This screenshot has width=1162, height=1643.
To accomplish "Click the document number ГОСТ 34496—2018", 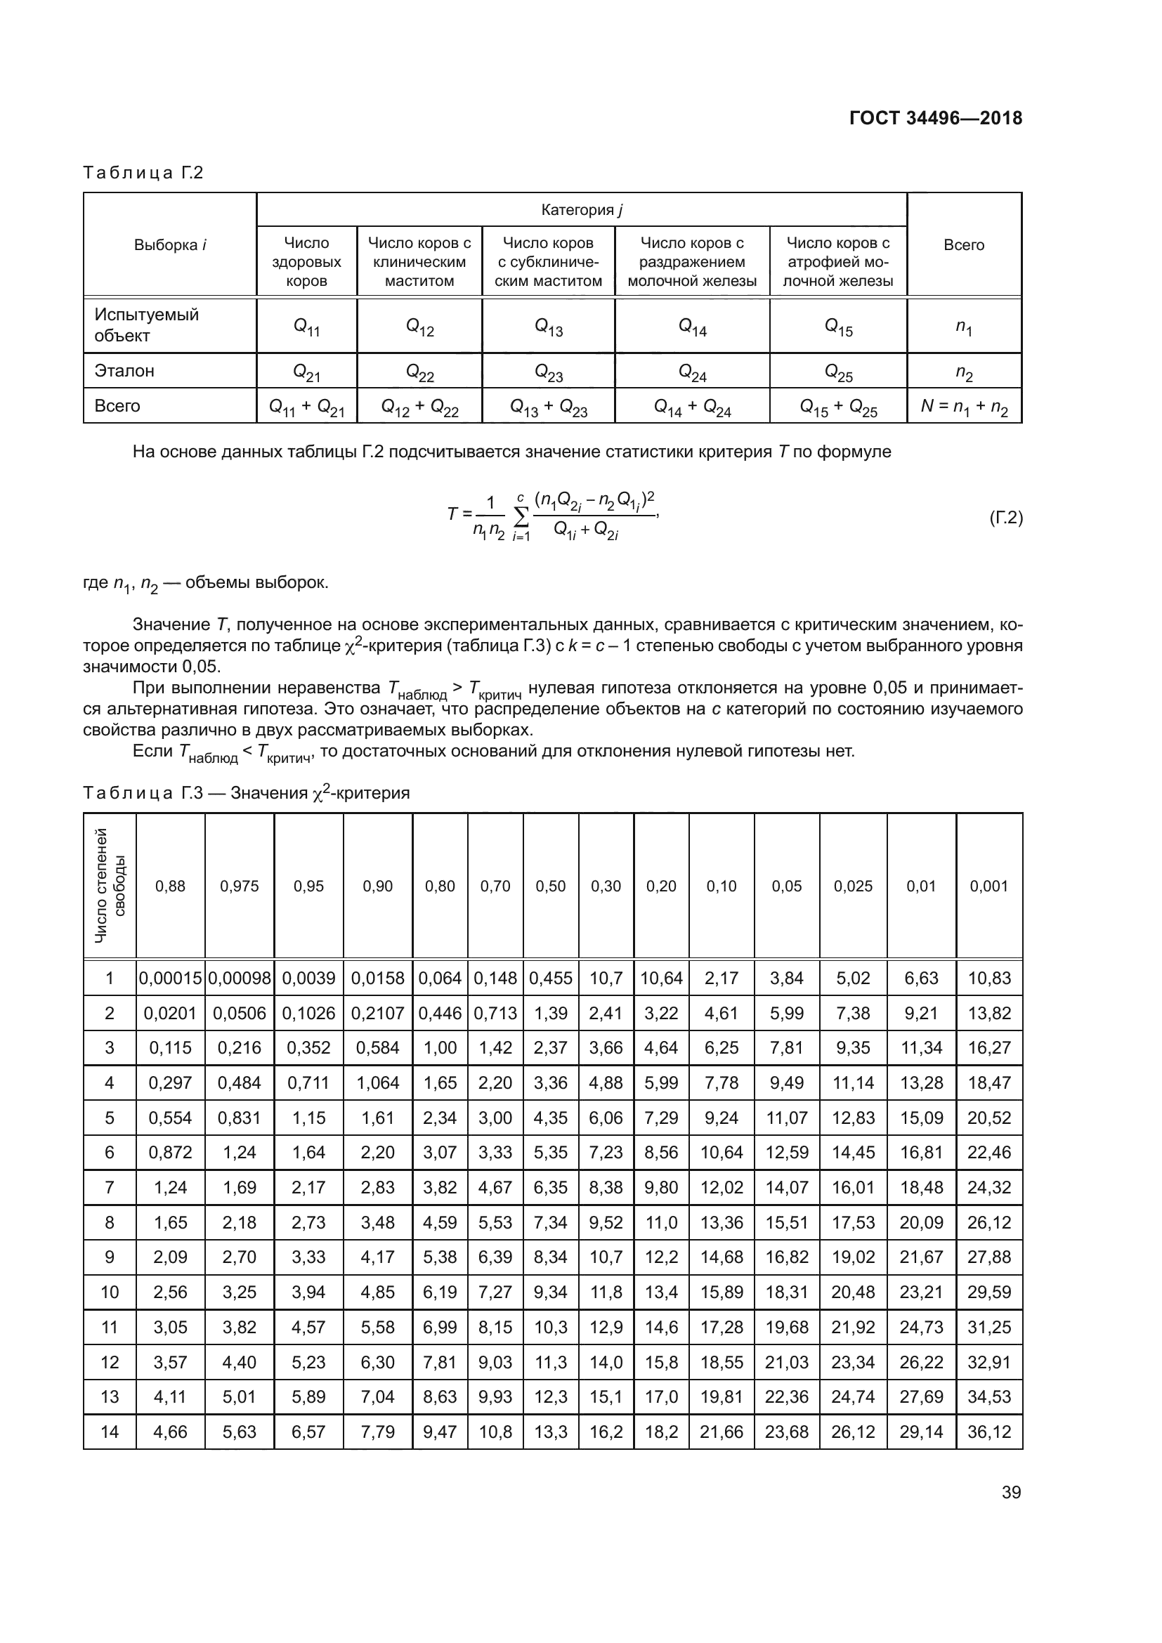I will (x=935, y=118).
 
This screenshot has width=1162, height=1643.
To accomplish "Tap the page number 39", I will (x=1011, y=1492).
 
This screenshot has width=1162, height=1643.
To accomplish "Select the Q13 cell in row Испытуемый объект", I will (x=549, y=327).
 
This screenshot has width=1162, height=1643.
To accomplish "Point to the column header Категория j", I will (x=581, y=209).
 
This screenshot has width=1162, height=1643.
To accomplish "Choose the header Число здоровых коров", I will (x=306, y=262).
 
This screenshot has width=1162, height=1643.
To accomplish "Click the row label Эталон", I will (x=124, y=371).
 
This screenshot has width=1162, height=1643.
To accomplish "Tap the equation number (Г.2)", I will (x=1005, y=518).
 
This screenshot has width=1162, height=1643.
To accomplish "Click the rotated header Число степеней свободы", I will (x=110, y=885).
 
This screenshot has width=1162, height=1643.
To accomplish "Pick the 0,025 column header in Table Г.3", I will (x=853, y=886).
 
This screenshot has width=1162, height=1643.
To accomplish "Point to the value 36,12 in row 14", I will (x=989, y=1432).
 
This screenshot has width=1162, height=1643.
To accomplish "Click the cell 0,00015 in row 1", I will (x=170, y=978).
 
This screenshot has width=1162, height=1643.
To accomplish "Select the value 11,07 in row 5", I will (x=786, y=1118).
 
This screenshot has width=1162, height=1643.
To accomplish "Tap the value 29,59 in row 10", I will (x=989, y=1292).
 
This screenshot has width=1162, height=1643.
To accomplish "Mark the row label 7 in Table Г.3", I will (x=110, y=1188).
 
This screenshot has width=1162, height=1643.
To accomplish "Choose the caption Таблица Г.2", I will (x=143, y=173).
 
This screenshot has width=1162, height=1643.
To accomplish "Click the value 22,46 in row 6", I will (x=989, y=1153).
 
